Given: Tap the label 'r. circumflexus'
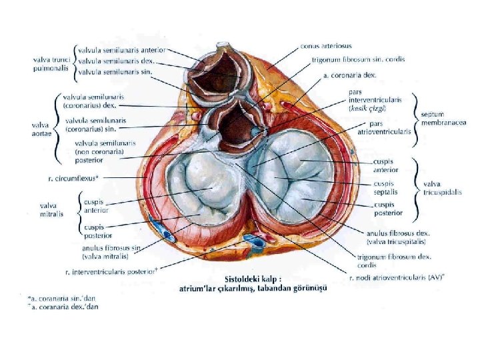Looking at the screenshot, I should (73, 179).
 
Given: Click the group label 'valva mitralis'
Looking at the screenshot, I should (53, 210).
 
